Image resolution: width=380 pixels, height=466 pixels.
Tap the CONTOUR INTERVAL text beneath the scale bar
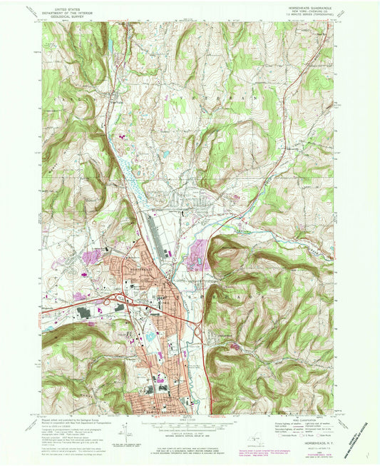tap(189, 428)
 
